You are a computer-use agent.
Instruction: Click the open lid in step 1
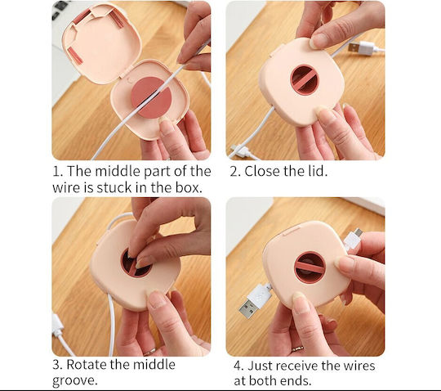100,43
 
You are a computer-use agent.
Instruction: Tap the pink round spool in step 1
151,97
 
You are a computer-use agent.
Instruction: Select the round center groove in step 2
304,79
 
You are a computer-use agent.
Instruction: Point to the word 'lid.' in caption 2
317,171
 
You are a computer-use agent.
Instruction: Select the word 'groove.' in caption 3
75,381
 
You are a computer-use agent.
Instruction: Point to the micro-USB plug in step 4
354,239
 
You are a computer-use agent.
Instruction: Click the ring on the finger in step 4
297,349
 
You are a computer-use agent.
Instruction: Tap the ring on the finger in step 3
150,352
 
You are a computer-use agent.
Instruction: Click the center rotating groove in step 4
310,267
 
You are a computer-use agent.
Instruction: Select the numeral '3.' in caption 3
58,365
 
